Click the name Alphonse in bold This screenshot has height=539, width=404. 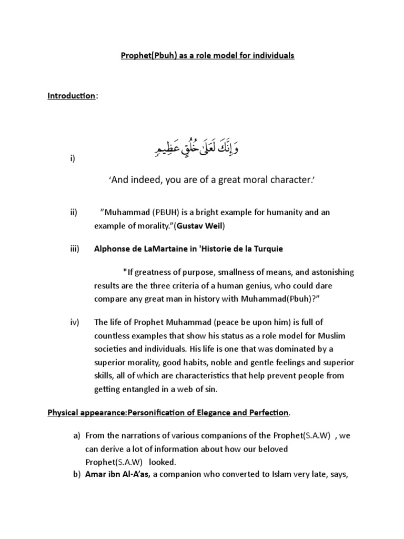click(x=112, y=248)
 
